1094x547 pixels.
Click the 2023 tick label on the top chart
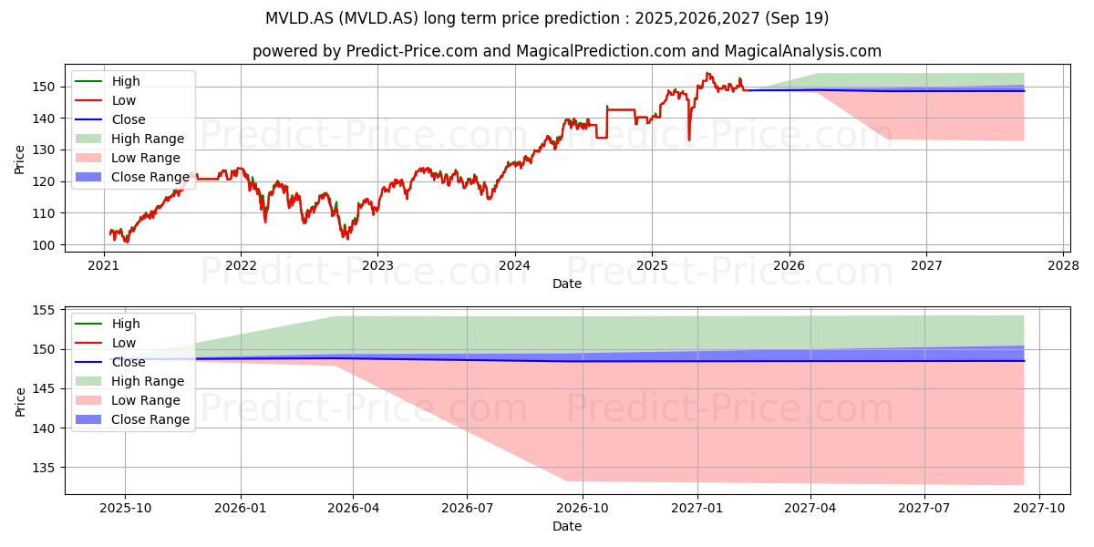point(377,265)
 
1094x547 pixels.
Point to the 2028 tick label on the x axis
point(1064,265)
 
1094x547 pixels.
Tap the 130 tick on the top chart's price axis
point(44,150)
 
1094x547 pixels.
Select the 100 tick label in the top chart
point(44,245)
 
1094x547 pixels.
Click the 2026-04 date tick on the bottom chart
point(353,509)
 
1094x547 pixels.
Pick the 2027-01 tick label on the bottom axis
point(697,509)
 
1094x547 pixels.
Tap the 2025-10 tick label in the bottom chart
point(125,509)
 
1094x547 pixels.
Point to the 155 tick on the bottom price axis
point(44,310)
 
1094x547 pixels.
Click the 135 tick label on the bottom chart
point(44,468)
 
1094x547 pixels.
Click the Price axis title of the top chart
point(19,160)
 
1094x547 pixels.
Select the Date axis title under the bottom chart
point(567,527)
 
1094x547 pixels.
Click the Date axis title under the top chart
point(567,284)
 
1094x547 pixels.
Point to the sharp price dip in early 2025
point(689,139)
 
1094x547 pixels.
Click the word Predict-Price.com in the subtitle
point(412,51)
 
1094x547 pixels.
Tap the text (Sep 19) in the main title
point(797,18)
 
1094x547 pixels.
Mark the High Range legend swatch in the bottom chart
point(88,381)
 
